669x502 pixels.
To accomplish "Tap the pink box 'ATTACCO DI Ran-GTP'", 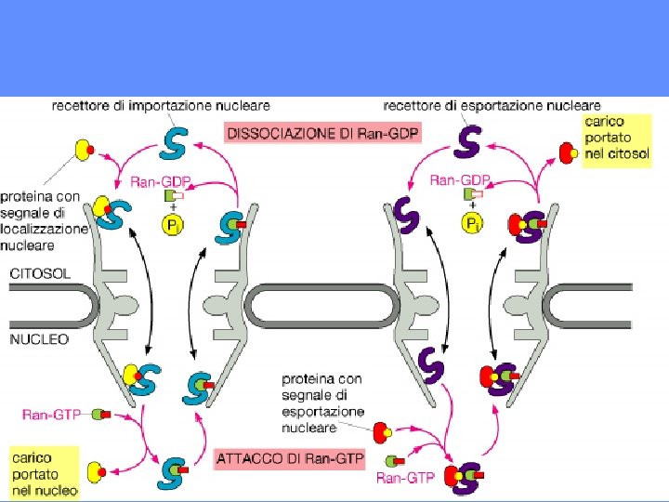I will [x=289, y=458].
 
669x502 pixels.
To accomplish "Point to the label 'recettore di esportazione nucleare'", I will [x=491, y=106].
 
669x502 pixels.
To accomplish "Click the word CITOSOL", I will [x=41, y=273].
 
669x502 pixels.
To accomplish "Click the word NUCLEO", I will [x=38, y=339].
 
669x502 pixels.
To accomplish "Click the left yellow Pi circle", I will [x=173, y=224].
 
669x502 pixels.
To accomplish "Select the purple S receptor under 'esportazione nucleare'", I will [x=471, y=141].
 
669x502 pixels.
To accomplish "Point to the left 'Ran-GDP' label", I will [x=156, y=180].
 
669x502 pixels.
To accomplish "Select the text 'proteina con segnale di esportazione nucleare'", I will [x=322, y=403].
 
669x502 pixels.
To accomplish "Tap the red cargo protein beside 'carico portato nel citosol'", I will [x=567, y=152].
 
